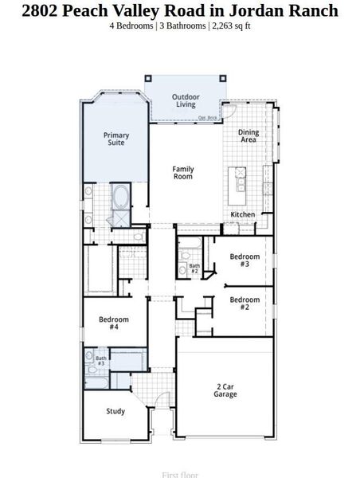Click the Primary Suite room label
pos(116,139)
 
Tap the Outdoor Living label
pos(186,101)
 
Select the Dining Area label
pos(248,136)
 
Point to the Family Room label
pos(183,172)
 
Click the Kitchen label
pos(243,215)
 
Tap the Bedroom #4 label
pos(113,323)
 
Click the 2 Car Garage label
pos(225,390)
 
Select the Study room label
pos(115,411)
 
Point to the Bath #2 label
pos(194,268)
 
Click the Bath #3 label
pos(101,361)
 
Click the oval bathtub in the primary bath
pos(122,196)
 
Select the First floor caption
pos(180,474)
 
